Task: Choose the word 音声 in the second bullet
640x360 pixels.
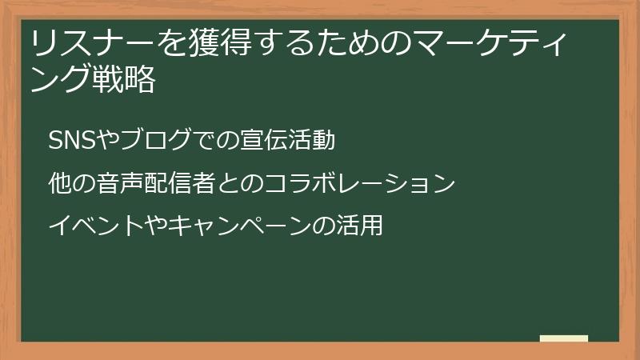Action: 111,184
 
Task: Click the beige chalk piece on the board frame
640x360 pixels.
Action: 564,338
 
